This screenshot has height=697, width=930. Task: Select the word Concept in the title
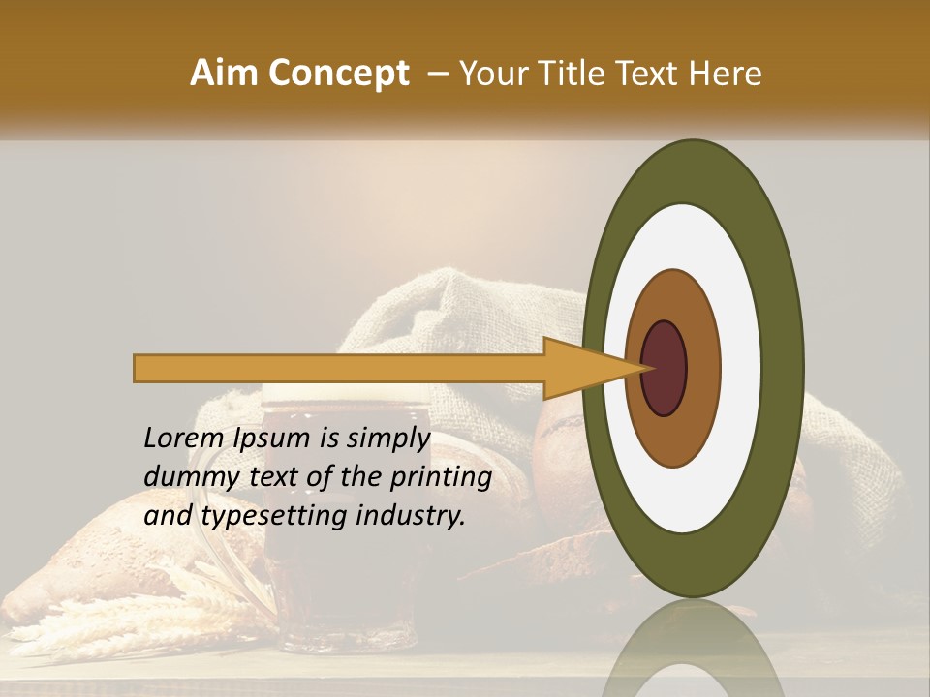point(338,74)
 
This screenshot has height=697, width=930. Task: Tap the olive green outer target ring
point(782,369)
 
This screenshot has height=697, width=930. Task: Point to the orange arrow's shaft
point(339,369)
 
